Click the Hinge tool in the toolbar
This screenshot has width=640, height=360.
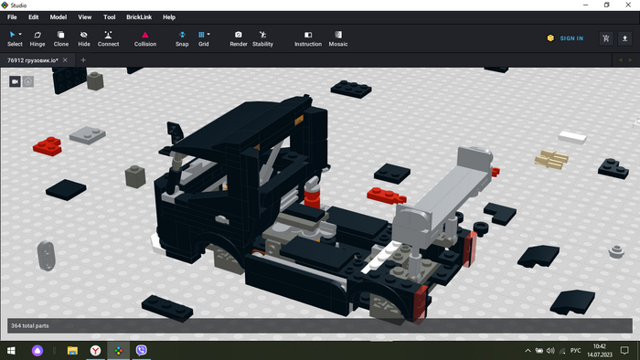(x=37, y=38)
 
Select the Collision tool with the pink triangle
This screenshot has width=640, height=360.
(x=145, y=38)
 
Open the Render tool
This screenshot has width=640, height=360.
(x=239, y=38)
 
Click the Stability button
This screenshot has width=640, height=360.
(x=262, y=38)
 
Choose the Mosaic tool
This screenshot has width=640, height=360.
(x=338, y=38)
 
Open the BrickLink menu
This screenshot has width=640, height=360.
(x=139, y=17)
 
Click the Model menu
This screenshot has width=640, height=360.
(x=59, y=17)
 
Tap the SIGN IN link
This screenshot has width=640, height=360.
(x=571, y=38)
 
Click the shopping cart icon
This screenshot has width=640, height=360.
(x=606, y=38)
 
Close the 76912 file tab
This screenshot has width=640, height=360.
(x=65, y=60)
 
